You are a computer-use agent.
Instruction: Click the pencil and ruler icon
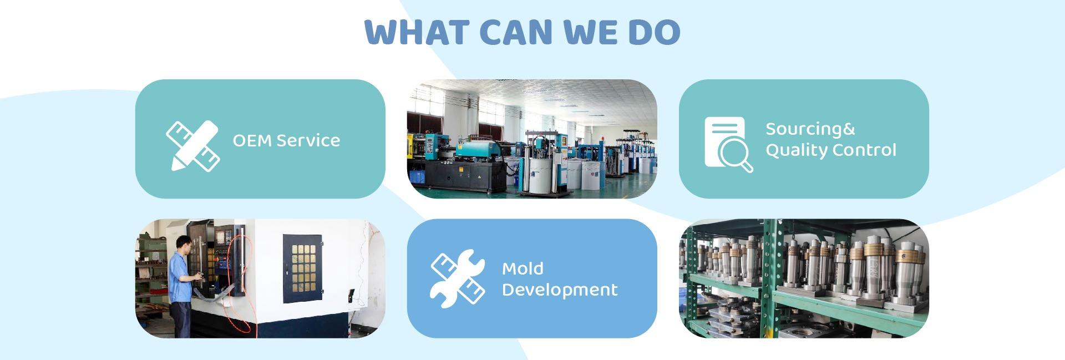click(x=192, y=145)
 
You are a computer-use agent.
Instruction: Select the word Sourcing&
click(x=810, y=129)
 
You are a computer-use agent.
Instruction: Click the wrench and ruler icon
click(x=458, y=278)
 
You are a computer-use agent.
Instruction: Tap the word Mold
click(x=523, y=269)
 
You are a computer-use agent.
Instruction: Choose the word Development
click(x=559, y=290)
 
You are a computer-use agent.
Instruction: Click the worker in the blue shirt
click(x=180, y=283)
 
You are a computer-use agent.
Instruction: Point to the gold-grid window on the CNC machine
click(x=303, y=268)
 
